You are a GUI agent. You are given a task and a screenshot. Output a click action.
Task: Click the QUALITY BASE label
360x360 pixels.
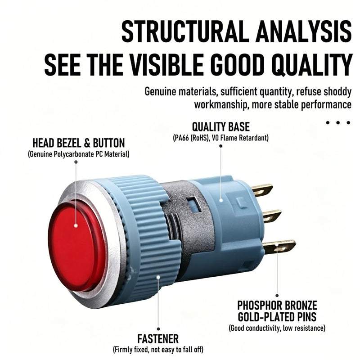[x=220, y=127]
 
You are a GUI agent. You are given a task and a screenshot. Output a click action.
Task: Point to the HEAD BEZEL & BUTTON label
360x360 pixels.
[x=78, y=143]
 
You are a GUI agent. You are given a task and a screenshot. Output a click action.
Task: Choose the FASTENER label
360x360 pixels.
[x=158, y=339]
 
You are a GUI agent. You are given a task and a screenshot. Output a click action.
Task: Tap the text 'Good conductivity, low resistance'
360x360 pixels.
[x=277, y=328]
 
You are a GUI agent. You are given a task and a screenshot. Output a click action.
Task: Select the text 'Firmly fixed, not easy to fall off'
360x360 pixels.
[x=158, y=350]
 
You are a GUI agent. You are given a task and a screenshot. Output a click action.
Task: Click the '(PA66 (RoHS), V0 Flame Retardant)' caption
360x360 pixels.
[x=220, y=138]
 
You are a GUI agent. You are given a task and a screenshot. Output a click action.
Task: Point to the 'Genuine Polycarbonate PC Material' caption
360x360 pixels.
[x=78, y=154]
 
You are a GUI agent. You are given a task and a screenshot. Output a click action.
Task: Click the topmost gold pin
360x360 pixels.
[x=262, y=190]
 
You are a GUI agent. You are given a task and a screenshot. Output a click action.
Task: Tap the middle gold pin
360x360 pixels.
[x=272, y=216]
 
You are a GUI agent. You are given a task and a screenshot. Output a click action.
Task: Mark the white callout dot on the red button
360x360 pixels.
[x=76, y=225]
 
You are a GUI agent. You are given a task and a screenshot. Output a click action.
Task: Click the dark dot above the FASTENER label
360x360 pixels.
[x=158, y=329]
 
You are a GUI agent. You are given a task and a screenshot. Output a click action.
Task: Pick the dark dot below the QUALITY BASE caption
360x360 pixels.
[x=220, y=146]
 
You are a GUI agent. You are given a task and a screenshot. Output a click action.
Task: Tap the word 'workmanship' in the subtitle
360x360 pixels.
[x=221, y=105]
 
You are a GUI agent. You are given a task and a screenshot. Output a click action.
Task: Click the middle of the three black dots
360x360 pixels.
[x=338, y=122]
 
